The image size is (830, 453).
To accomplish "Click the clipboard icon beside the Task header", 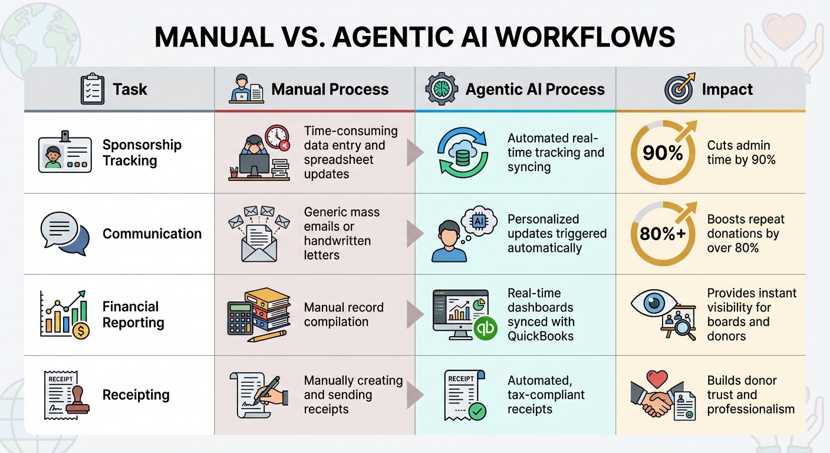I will pos(92,89).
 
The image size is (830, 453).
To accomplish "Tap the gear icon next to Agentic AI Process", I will pos(442,89).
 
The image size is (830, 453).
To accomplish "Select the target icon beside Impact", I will pos(679,90).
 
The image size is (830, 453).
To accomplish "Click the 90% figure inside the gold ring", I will pos(662,153).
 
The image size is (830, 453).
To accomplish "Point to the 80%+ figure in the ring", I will pos(663,234).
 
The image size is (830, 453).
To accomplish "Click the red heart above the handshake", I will pos(656,378).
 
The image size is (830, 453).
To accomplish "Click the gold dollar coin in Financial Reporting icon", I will pos(81,331).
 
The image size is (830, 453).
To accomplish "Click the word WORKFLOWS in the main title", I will pos(585,37).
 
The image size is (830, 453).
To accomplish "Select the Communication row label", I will pos(152,234).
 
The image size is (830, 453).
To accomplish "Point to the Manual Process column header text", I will pos(330,90).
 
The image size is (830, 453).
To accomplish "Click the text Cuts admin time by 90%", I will pos(741,152).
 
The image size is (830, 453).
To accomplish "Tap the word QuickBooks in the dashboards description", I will pos(540,336).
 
